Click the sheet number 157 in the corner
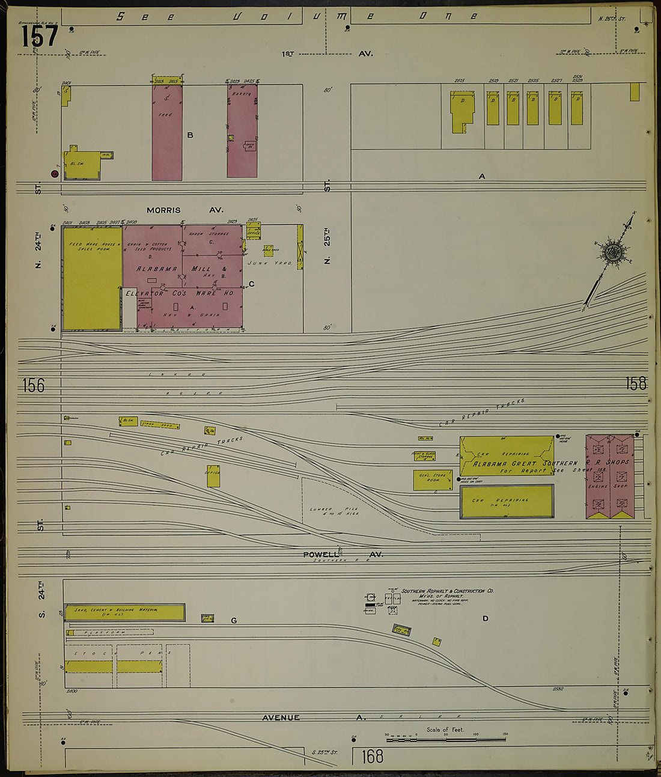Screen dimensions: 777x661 coord(40,37)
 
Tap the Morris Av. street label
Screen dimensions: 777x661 coord(184,210)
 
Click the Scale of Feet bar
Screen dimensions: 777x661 coord(445,736)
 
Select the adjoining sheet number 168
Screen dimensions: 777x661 coord(373,756)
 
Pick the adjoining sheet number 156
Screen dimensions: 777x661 coord(34,385)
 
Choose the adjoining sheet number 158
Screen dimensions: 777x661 coord(636,383)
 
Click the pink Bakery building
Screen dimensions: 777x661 coord(242,130)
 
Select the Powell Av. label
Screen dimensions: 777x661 coord(343,555)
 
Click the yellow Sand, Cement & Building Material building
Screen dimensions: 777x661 coord(124,612)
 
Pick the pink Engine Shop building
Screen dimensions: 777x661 coord(610,477)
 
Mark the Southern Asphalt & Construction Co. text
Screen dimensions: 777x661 coord(447,591)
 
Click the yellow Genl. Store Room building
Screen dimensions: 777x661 coord(433,480)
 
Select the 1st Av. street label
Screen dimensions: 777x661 coord(327,53)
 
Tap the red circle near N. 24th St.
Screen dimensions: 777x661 coord(55,174)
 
